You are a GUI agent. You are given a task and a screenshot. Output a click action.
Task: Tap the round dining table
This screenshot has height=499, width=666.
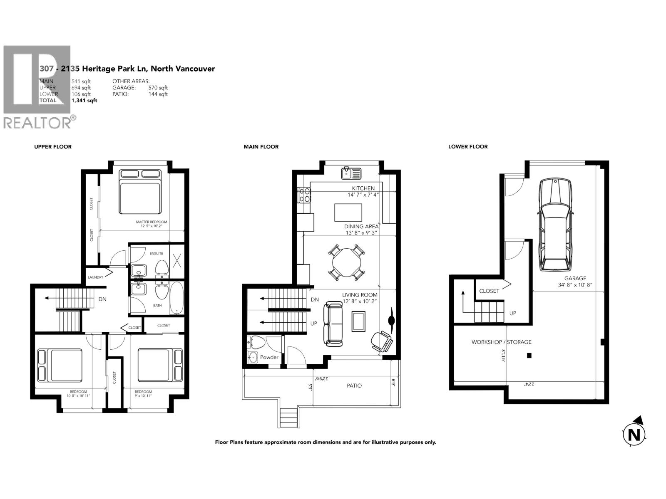(347, 263)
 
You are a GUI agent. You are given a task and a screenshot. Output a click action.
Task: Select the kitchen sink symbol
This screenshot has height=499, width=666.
(350, 173)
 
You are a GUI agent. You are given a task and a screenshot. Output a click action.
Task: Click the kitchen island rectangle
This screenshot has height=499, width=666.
(348, 212)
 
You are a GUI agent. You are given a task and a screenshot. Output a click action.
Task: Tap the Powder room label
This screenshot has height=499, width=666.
(269, 357)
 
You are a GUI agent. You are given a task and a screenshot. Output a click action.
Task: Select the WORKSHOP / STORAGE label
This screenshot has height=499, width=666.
(501, 342)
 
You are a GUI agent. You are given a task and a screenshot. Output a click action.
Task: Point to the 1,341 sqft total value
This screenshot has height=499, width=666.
(84, 101)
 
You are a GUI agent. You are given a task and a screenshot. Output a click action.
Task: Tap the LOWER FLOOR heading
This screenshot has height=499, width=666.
(467, 147)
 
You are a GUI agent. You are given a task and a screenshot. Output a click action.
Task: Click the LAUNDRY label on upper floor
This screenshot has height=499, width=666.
(95, 277)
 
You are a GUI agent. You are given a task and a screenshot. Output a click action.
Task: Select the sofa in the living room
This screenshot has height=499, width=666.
(333, 324)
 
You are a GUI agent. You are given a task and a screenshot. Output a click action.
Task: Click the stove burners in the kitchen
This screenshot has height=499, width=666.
(304, 195)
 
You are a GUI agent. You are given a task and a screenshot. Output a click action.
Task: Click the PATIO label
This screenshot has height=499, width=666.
(354, 385)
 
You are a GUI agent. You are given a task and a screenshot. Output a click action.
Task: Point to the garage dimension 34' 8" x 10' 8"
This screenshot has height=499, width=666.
(575, 285)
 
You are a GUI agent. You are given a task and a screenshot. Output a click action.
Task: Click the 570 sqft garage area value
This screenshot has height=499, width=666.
(158, 88)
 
